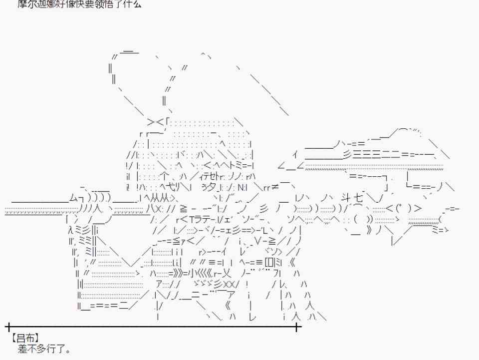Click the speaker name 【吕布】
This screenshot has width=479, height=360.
click(x=24, y=338)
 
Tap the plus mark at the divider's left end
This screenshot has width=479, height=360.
click(x=8, y=328)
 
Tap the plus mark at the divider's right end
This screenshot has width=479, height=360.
click(x=297, y=328)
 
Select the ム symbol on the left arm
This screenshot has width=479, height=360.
click(x=73, y=198)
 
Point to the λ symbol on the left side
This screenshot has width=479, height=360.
click(x=70, y=230)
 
